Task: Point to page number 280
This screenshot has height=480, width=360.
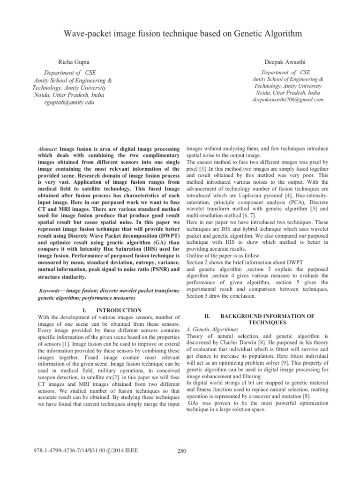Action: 183,451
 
